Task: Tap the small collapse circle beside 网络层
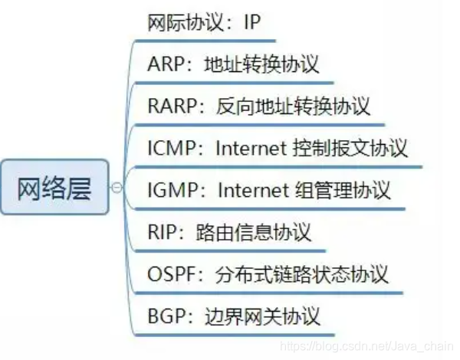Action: tap(117, 187)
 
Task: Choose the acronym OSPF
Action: tap(170, 273)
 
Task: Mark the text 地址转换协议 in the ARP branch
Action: tap(261, 64)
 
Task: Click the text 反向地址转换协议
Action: tap(293, 106)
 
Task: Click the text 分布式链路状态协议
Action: tap(313, 273)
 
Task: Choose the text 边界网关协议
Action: tap(261, 314)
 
